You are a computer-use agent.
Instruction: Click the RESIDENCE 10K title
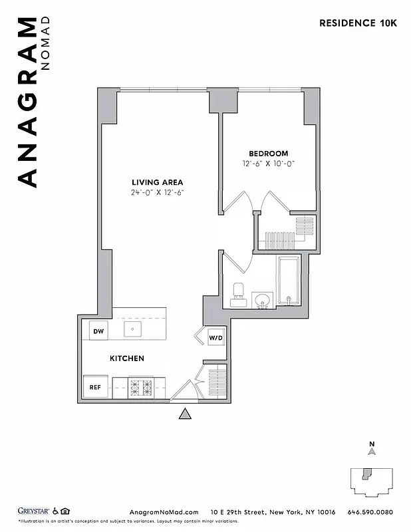[358, 23]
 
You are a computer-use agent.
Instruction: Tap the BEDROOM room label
[269, 154]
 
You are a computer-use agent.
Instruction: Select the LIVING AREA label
[157, 182]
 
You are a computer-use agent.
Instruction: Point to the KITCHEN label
[127, 358]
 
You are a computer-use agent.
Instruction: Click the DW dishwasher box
[98, 331]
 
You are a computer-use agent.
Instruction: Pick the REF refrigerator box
[95, 387]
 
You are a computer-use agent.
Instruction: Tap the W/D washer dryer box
[216, 338]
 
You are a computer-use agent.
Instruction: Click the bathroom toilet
[238, 294]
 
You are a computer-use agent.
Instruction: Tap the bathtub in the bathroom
[288, 280]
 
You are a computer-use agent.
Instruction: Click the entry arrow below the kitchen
[186, 414]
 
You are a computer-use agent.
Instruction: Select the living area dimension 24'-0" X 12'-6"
[157, 193]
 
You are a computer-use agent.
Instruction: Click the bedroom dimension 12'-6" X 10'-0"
[269, 164]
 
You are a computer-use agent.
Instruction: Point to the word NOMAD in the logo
[45, 49]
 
